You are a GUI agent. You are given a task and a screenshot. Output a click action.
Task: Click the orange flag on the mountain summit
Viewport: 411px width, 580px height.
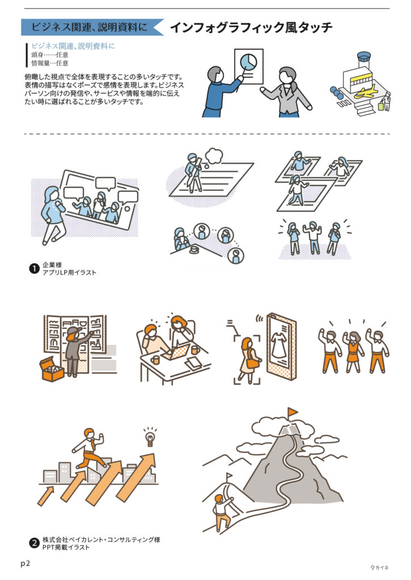293,412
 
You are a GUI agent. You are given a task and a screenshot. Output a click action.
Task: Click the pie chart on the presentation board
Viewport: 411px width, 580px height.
248,61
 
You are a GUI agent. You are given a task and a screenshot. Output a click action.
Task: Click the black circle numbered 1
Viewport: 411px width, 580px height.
34,268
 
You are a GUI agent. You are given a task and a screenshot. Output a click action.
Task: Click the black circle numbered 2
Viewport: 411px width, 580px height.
34,543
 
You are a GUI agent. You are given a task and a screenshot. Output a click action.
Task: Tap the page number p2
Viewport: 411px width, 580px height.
25,564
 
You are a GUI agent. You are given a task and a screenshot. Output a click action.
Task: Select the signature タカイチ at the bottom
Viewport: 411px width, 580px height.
379,567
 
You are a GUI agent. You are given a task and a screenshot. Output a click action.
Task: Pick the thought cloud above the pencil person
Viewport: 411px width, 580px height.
214,156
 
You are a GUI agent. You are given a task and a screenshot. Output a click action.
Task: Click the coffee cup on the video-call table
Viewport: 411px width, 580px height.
194,250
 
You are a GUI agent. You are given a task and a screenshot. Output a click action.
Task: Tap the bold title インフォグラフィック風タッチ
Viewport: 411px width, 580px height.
251,27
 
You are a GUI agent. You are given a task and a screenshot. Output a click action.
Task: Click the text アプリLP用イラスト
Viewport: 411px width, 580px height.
69,272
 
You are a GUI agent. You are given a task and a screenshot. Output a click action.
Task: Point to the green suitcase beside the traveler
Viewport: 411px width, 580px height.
380,106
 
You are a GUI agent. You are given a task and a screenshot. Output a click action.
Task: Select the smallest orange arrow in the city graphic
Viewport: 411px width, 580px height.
45,496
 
